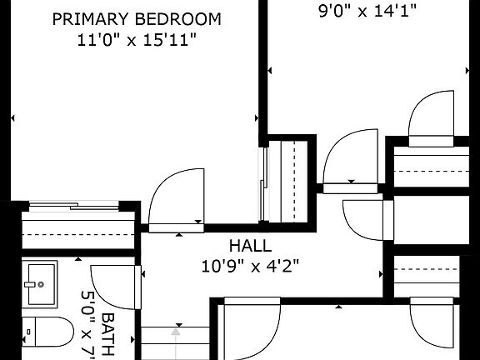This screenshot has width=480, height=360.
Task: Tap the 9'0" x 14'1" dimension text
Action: (367, 12)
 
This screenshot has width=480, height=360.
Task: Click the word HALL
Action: (249, 247)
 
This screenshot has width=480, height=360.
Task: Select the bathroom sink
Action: (39, 283)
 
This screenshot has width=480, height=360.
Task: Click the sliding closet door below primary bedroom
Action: (76, 205)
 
